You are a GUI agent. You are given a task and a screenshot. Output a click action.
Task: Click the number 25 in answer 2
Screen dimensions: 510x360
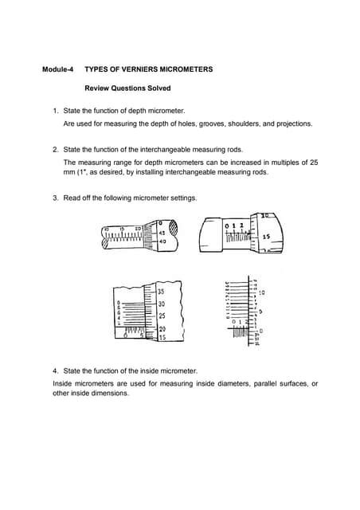[x=313, y=161]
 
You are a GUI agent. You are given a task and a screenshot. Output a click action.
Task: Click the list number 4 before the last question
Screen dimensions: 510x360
[x=54, y=371]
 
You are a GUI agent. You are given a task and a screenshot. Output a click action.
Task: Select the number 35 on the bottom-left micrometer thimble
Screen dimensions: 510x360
[x=160, y=292]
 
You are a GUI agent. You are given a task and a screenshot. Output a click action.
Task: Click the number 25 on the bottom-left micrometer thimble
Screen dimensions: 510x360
[x=160, y=316]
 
